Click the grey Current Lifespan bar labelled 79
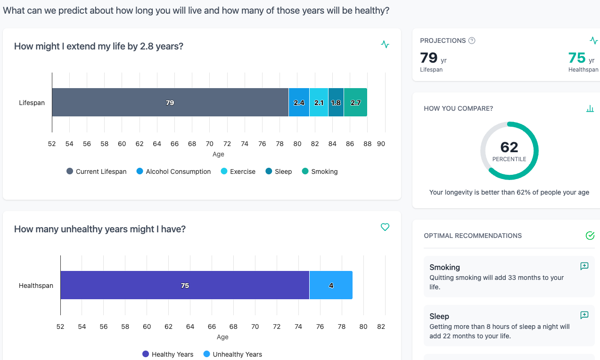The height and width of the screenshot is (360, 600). pyautogui.click(x=170, y=102)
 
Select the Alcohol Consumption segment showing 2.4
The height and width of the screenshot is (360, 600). pyautogui.click(x=299, y=102)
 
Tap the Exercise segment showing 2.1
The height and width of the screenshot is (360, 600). pyautogui.click(x=319, y=102)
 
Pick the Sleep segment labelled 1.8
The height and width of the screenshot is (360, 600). pyautogui.click(x=336, y=102)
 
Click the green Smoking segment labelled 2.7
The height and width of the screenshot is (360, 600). pyautogui.click(x=355, y=102)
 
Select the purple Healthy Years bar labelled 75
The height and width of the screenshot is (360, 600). pyautogui.click(x=185, y=285)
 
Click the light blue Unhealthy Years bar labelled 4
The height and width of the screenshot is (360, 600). pyautogui.click(x=331, y=285)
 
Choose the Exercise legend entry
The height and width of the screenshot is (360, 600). pyautogui.click(x=238, y=172)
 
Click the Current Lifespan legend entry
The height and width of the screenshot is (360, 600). pyautogui.click(x=97, y=172)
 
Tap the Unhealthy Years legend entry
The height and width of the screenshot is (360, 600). pyautogui.click(x=232, y=354)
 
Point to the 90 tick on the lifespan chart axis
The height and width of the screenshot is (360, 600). pyautogui.click(x=381, y=144)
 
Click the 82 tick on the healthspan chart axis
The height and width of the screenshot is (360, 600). pyautogui.click(x=381, y=327)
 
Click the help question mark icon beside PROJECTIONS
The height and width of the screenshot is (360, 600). pyautogui.click(x=472, y=41)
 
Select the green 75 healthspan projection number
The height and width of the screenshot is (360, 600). pyautogui.click(x=577, y=57)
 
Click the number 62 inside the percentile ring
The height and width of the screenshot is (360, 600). pyautogui.click(x=509, y=147)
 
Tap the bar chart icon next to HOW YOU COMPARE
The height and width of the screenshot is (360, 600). pyautogui.click(x=590, y=108)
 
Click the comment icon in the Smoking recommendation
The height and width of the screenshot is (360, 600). pyautogui.click(x=584, y=266)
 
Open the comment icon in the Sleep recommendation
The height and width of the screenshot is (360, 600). pyautogui.click(x=584, y=315)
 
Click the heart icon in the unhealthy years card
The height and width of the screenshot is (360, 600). pyautogui.click(x=385, y=227)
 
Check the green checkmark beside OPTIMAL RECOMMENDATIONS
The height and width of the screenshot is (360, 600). pyautogui.click(x=590, y=236)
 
